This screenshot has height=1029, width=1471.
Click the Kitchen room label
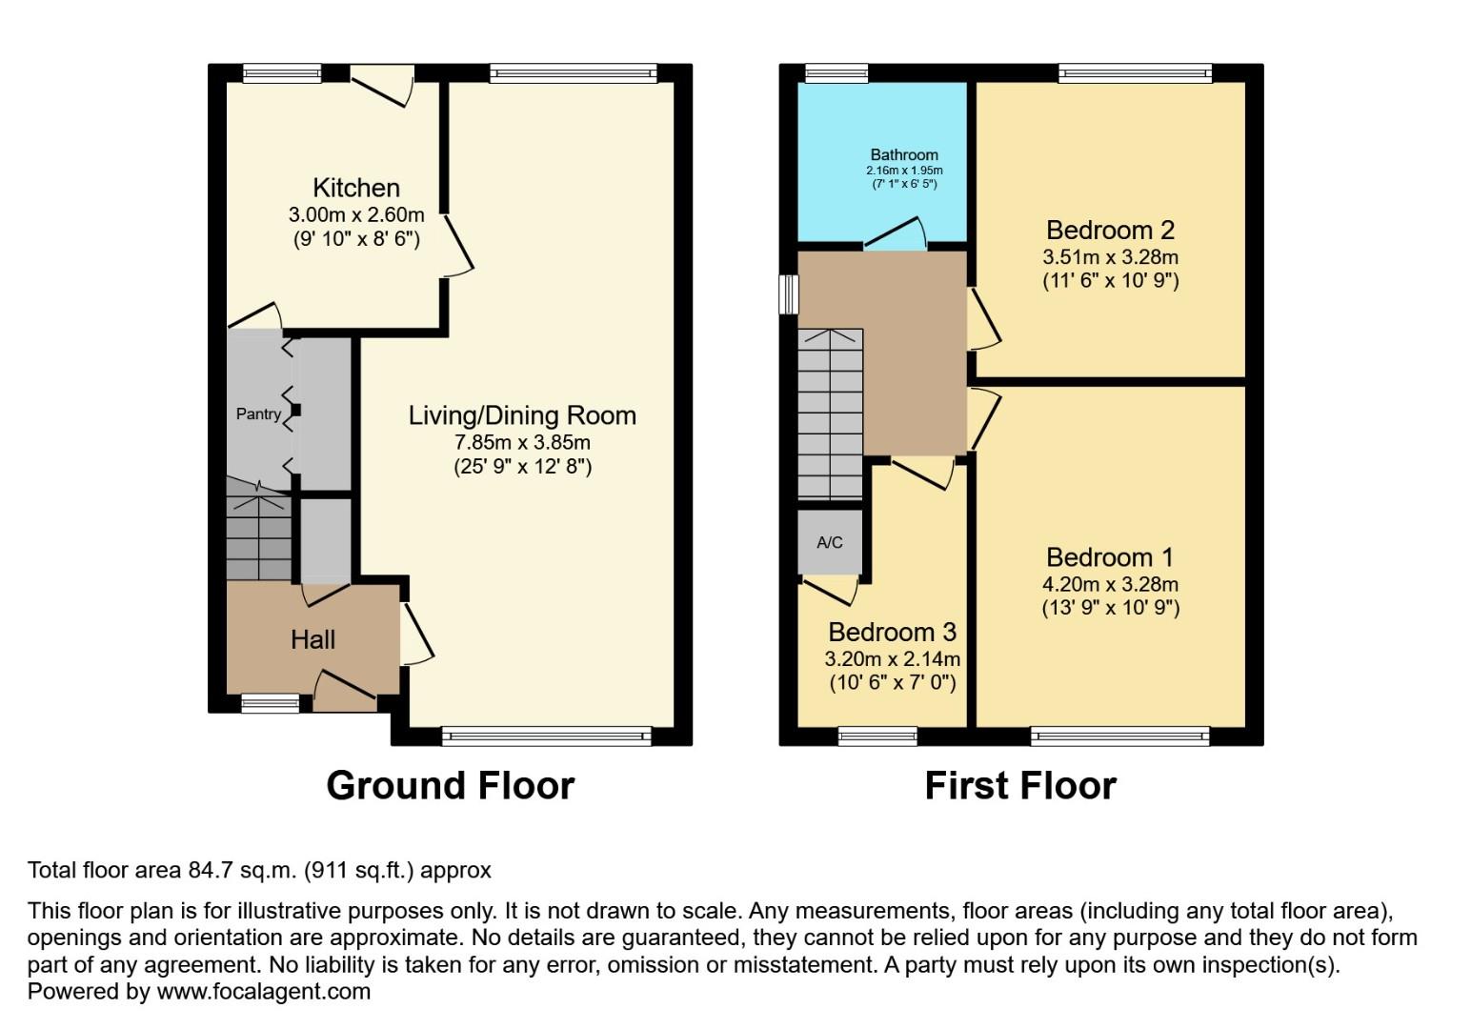pos(356,188)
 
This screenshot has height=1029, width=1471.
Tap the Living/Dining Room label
pos(522,415)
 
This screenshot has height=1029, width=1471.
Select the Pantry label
pos(258,414)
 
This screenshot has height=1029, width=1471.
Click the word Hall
pos(312,639)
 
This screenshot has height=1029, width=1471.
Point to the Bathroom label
pos(904,154)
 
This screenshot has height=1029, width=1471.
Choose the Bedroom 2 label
pos(1110,230)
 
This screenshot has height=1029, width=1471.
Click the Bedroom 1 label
pos(1110,557)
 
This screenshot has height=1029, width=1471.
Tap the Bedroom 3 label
pos(892,632)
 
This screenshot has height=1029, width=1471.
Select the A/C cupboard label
pos(830,542)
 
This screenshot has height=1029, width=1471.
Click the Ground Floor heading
pos(450,786)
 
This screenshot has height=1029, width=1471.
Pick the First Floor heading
pos(1020,786)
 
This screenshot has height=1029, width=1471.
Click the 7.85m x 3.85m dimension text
pos(522,442)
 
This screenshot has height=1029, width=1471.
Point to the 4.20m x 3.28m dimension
pos(1110,584)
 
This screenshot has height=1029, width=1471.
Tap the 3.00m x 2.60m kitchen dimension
pos(356,214)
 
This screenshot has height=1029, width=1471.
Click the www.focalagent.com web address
pos(263,991)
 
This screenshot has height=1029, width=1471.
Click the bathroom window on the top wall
pos(836,73)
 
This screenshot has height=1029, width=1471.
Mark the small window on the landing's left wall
pos(789,294)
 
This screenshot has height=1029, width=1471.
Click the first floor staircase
pos(830,414)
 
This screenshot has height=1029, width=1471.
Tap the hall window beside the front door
pos(270,704)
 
